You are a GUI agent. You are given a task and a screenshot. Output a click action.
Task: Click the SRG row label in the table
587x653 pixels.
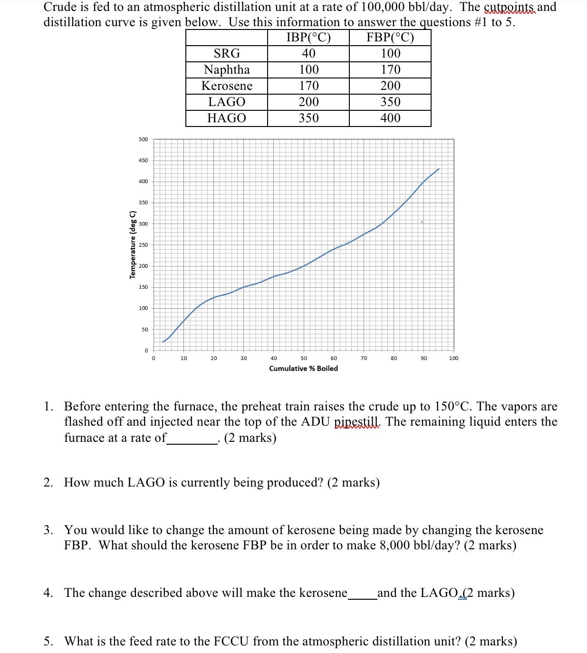point(227,54)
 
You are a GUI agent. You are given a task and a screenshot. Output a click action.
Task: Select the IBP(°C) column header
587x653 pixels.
point(308,38)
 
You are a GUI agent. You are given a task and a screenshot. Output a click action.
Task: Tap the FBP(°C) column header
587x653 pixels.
point(390,38)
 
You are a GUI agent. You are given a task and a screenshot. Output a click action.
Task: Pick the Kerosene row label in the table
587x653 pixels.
point(227,86)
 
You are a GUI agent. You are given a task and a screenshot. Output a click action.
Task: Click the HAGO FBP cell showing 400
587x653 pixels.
point(390,118)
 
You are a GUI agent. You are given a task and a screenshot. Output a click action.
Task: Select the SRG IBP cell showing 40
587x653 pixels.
point(308,54)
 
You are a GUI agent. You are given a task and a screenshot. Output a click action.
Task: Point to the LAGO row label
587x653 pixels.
point(227,102)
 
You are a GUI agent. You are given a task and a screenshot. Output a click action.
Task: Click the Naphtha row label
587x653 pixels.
point(227,70)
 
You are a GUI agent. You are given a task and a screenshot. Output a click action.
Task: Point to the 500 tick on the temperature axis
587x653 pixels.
point(143,139)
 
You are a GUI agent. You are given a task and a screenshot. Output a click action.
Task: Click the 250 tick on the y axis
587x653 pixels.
point(143,245)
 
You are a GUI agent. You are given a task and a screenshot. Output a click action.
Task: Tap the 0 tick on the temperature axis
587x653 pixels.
point(146,351)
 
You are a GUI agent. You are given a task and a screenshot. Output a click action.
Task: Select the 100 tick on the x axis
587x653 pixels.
point(453,358)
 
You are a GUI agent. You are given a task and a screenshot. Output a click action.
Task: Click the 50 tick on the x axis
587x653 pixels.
point(304,358)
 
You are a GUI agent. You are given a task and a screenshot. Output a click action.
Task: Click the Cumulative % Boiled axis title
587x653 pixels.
point(303,369)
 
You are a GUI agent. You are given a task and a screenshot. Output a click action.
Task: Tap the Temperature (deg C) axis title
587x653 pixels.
point(133,244)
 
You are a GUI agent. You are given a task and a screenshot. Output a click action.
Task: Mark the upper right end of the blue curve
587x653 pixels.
point(439,169)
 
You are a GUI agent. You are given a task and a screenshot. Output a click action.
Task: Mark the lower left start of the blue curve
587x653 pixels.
point(163,342)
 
